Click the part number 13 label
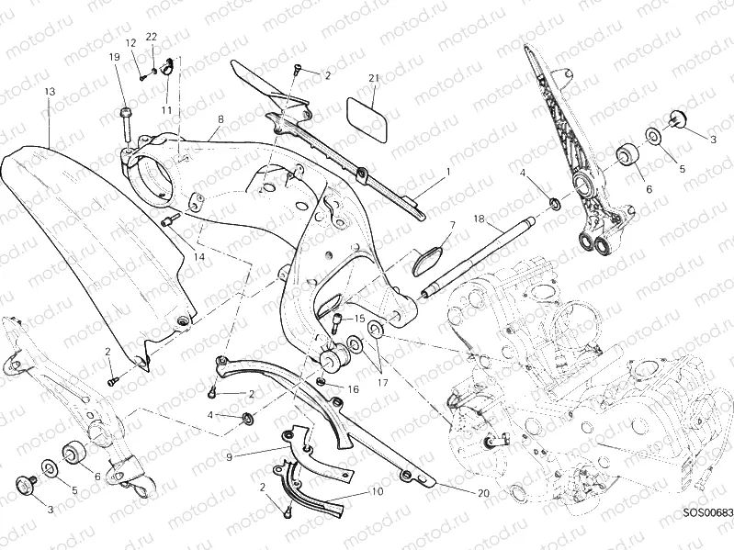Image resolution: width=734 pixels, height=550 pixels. (50, 92)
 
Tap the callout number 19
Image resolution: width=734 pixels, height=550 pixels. (114, 57)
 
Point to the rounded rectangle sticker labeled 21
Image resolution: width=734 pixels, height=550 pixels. (367, 119)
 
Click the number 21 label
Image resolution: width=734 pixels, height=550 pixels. (373, 78)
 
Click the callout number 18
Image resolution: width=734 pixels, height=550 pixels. (479, 219)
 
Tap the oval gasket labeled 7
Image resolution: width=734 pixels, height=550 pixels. (427, 259)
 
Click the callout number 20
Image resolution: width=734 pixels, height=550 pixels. (483, 493)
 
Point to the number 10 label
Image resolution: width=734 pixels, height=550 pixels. (378, 491)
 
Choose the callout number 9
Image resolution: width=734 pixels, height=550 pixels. (229, 457)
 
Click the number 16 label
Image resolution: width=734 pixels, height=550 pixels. (353, 389)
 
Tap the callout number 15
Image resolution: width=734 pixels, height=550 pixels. (359, 319)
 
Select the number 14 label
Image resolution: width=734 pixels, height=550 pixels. (199, 256)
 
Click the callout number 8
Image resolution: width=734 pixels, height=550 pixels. (220, 119)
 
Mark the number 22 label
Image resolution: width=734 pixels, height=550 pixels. (152, 37)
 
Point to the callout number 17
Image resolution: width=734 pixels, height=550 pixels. (382, 383)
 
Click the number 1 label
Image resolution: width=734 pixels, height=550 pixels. (448, 172)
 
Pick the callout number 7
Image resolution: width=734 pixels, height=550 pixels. (453, 226)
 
